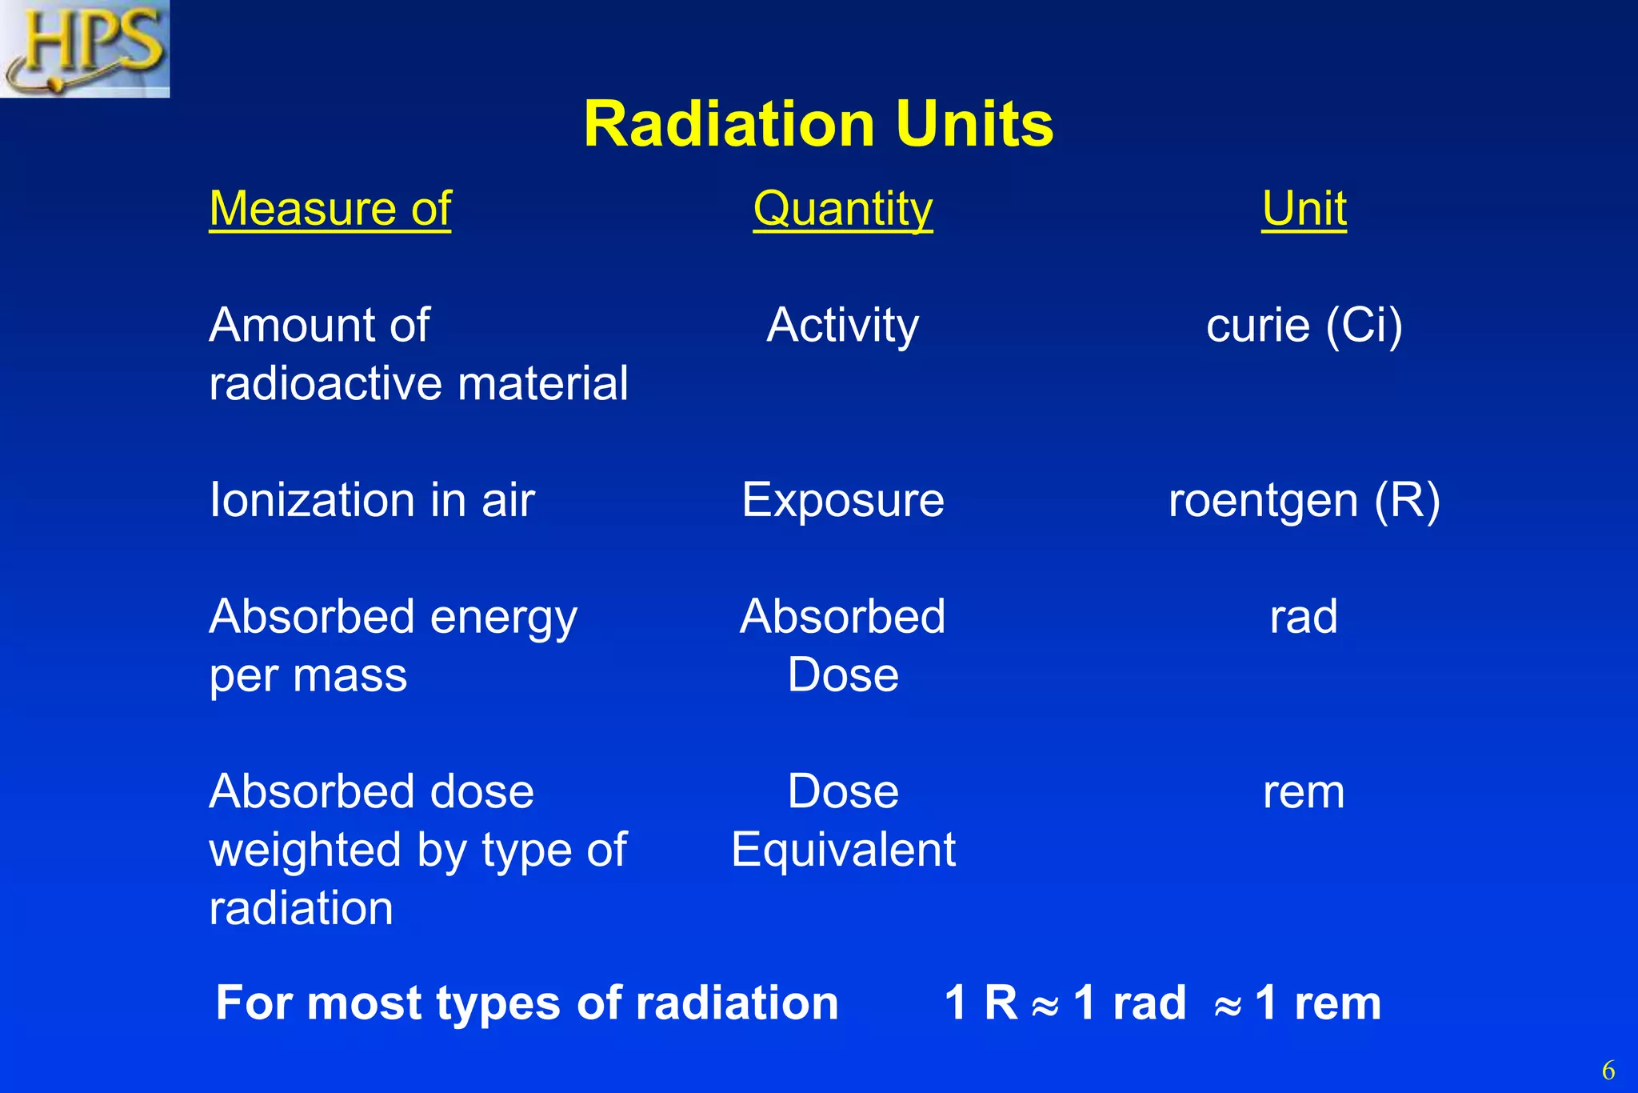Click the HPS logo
click(x=85, y=48)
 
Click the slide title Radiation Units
click(x=818, y=125)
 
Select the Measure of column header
click(x=330, y=210)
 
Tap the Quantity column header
click(x=842, y=210)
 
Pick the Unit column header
click(x=1304, y=210)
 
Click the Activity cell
click(x=842, y=326)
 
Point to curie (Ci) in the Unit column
click(x=1304, y=326)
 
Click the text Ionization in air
click(x=372, y=501)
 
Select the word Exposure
click(x=842, y=501)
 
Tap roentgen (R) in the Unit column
click(x=1304, y=501)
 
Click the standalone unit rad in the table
click(x=1304, y=617)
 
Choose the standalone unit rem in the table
click(x=1304, y=792)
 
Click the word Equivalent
click(x=843, y=850)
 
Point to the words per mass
click(x=308, y=676)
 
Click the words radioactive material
click(x=418, y=384)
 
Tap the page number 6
click(x=1608, y=1071)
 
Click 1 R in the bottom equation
click(x=981, y=1003)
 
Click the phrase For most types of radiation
click(x=527, y=1003)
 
